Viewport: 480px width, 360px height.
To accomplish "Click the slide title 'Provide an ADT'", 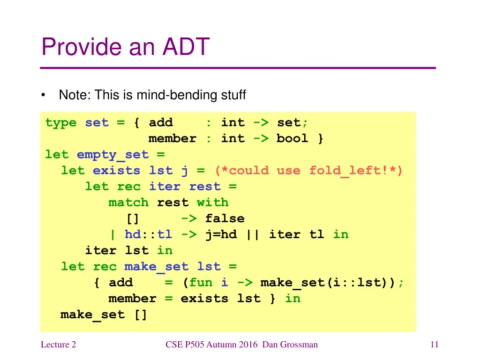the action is [x=125, y=47].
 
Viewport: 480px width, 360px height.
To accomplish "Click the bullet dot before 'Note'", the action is [x=43, y=96].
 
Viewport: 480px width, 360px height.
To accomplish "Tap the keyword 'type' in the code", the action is [x=61, y=123].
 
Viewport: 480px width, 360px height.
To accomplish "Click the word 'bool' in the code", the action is [x=292, y=139].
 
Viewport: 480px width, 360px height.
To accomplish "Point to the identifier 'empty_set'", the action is [x=112, y=155].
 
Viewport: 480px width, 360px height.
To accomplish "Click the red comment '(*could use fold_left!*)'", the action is [x=308, y=171].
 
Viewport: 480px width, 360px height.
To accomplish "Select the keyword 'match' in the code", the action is [x=128, y=202].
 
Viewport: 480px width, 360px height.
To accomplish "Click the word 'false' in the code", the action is [x=225, y=218].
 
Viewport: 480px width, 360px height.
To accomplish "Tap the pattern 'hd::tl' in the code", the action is [x=148, y=234].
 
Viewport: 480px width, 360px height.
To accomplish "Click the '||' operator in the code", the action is [x=253, y=234].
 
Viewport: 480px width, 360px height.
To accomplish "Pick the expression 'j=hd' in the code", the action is [x=221, y=234].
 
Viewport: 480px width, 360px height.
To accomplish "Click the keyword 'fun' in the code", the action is [x=201, y=283].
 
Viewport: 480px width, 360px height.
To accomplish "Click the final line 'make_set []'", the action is [x=104, y=315].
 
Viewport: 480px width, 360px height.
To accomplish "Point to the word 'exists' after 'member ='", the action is [x=204, y=299].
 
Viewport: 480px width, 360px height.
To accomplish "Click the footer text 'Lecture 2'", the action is [x=58, y=345].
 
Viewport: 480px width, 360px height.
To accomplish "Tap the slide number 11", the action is [x=434, y=345].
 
